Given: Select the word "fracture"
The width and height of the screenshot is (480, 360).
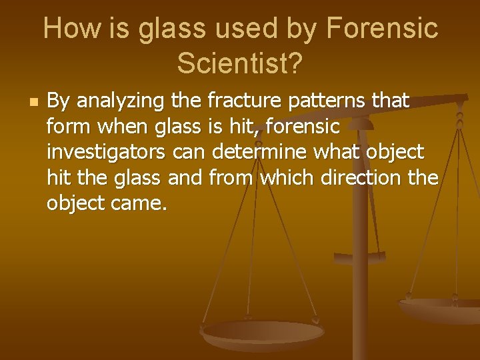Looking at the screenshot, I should [237, 101].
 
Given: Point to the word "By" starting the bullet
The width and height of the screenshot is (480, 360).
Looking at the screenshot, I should [58, 102].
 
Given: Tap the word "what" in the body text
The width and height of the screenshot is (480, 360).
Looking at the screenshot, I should [335, 152].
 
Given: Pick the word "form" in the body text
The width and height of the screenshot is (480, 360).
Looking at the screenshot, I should [65, 127].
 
